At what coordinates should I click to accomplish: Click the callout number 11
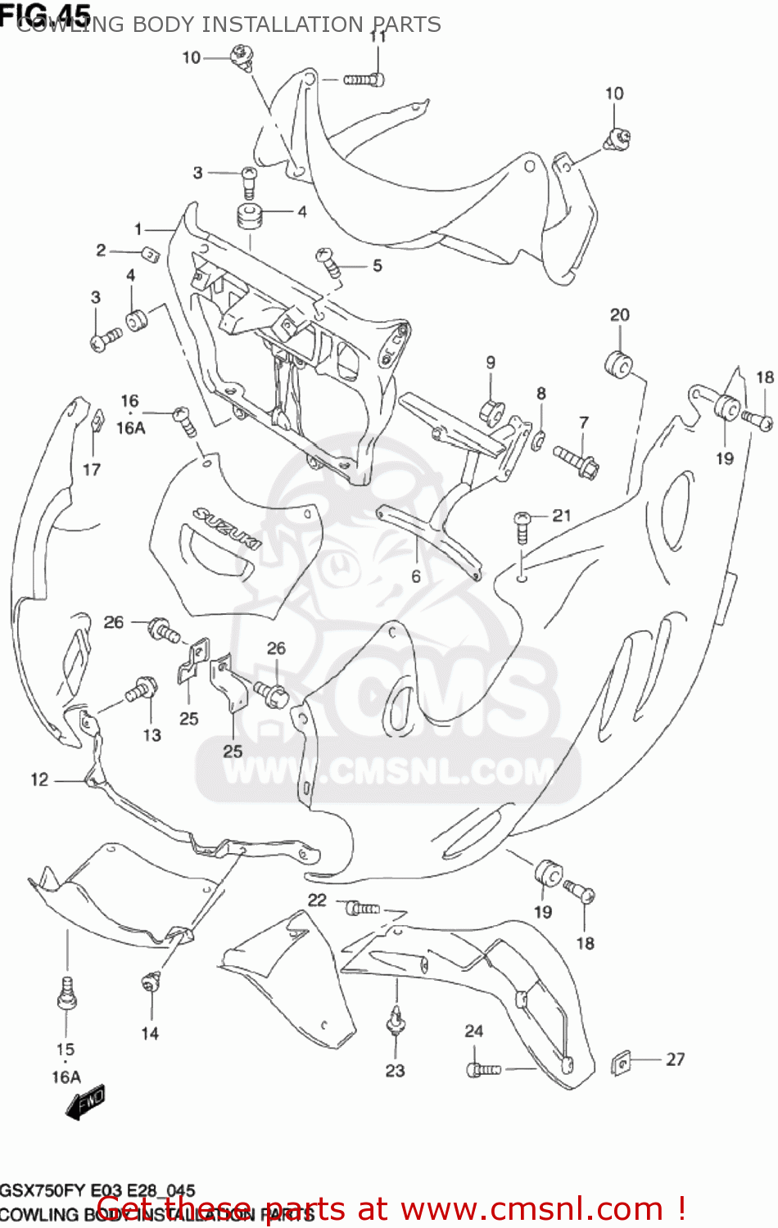(x=378, y=37)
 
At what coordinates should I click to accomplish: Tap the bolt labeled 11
(x=364, y=79)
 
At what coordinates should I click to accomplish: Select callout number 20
(x=620, y=315)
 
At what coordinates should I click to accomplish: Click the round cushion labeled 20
(x=619, y=363)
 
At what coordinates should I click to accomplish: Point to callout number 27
(x=675, y=1059)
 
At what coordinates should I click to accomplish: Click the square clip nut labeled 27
(x=623, y=1063)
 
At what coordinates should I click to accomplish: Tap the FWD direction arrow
(x=85, y=1103)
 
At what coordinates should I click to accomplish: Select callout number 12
(x=39, y=779)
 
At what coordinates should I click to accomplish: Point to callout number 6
(x=416, y=577)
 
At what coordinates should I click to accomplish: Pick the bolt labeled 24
(x=482, y=1068)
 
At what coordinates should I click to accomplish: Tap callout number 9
(x=491, y=363)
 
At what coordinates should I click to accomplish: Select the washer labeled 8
(x=540, y=441)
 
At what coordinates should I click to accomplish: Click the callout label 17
(x=92, y=469)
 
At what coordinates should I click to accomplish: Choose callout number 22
(x=317, y=901)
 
